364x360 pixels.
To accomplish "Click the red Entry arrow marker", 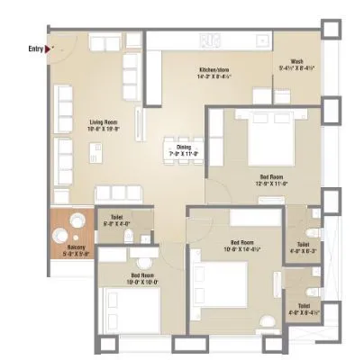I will (51, 49).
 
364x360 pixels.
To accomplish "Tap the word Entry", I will (36, 49).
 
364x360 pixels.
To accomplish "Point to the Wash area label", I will (296, 62).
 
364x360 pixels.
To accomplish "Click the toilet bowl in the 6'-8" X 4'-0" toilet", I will (132, 235).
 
